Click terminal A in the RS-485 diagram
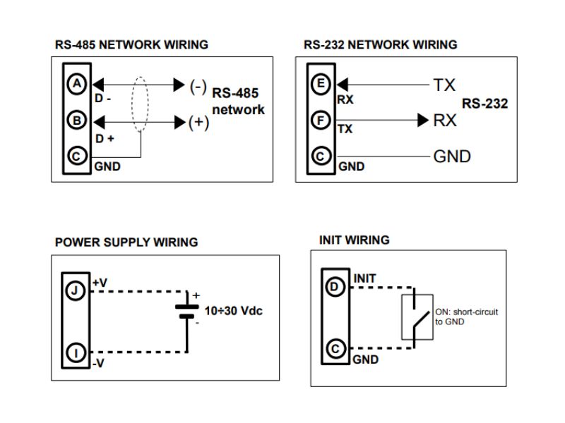tap(76, 85)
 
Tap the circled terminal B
tap(76, 121)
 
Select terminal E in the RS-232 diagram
tap(321, 85)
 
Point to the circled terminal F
tap(321, 121)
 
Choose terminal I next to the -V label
tap(76, 350)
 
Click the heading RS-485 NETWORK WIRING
tap(131, 44)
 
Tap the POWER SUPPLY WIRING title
tap(126, 242)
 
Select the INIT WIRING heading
tap(354, 240)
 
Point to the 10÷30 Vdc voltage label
tap(234, 311)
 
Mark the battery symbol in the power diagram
tap(186, 311)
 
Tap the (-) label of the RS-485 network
tap(198, 86)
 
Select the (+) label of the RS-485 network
tap(198, 123)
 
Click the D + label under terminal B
tap(105, 138)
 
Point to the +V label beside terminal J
tap(100, 282)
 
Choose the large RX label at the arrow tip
tap(445, 121)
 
